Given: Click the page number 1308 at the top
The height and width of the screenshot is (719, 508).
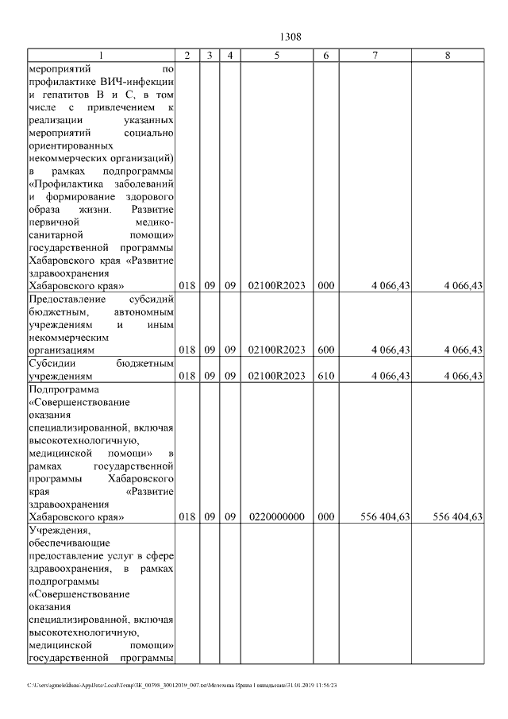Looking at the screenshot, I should click(290, 37).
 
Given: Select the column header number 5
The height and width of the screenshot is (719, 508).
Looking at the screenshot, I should click(276, 55).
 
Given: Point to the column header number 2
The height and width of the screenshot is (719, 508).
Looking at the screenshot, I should click(187, 55).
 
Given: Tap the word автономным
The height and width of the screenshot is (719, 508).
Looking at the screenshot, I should click(138, 311).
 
